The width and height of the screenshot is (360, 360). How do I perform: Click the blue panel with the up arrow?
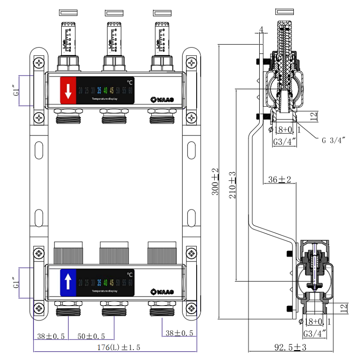pos(68,282)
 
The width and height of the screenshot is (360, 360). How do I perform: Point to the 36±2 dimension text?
pos(279,180)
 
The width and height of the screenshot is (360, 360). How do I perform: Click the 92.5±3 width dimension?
pos(291,347)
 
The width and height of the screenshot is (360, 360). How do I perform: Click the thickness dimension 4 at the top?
pos(261,30)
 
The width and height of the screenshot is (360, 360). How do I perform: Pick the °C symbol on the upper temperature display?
pos(129,82)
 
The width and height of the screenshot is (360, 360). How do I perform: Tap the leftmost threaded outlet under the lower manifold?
pos(67,311)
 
